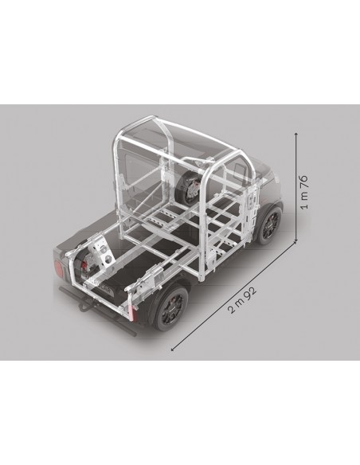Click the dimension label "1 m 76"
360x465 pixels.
pyautogui.click(x=304, y=192)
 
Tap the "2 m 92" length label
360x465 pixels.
pyautogui.click(x=242, y=300)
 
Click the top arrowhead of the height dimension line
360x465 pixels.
pyautogui.click(x=296, y=135)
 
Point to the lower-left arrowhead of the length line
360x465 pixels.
pyautogui.click(x=173, y=350)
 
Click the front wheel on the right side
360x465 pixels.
pyautogui.click(x=270, y=225)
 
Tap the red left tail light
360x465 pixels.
pyautogui.click(x=59, y=269)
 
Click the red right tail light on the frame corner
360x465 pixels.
pyautogui.click(x=132, y=313)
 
